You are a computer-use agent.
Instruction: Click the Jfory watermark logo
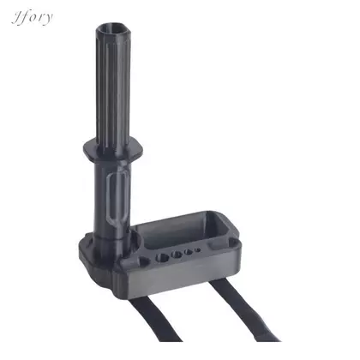[x=32, y=18]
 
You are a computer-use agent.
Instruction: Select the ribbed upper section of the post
[x=113, y=86]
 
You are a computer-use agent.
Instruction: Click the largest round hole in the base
[x=162, y=257]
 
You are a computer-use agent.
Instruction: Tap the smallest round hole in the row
[x=197, y=250]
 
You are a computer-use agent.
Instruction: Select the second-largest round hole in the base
[x=177, y=254]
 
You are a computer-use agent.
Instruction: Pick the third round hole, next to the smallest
[x=189, y=252]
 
